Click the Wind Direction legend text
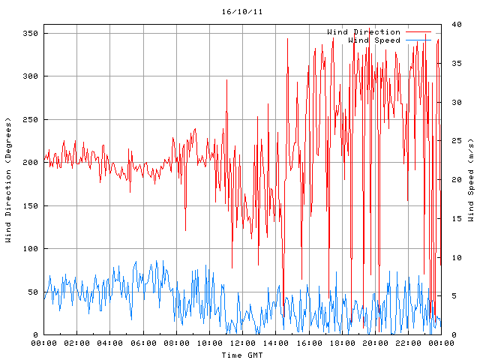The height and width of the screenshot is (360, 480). tap(364, 31)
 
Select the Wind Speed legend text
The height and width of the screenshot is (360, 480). tap(374, 40)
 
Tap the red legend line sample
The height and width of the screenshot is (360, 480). tap(418, 31)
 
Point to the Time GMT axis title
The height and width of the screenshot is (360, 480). tap(241, 354)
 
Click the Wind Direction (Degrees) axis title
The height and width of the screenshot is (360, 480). tap(8, 180)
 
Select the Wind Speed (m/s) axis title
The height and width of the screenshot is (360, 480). tap(470, 180)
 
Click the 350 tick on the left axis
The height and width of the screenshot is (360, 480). tap(30, 34)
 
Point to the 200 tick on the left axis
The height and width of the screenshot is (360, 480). tap(30, 163)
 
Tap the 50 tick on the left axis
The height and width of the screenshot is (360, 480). tap(32, 292)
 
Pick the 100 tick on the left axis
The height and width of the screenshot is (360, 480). tap(30, 249)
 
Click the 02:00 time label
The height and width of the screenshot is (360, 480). tap(77, 343)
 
